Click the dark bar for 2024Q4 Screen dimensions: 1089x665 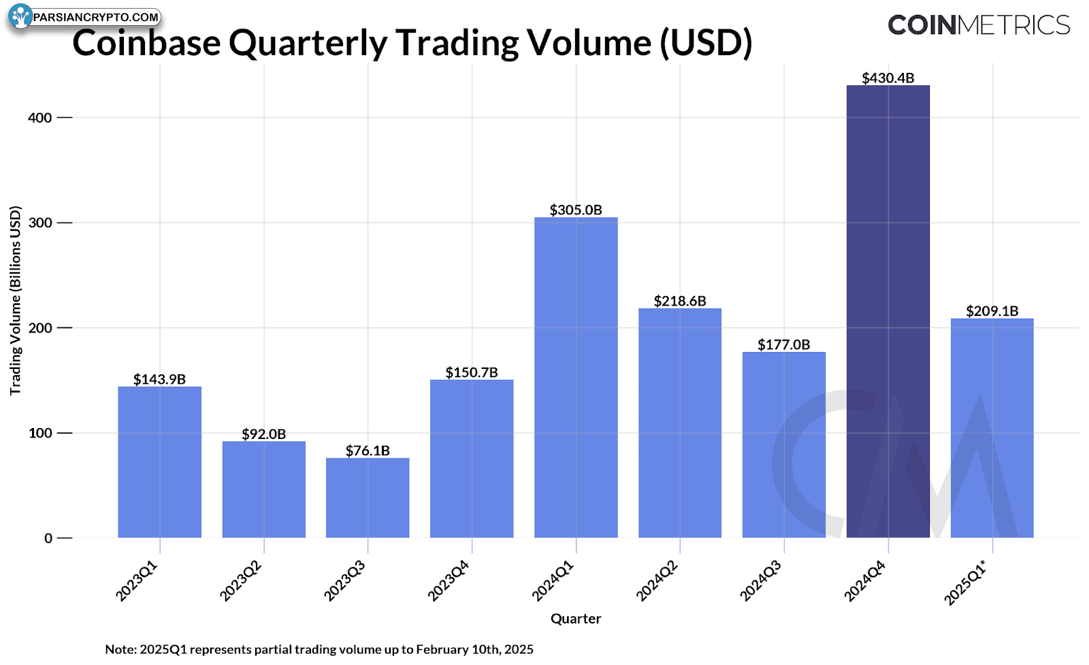tap(888, 311)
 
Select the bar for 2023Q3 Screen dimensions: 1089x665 tap(368, 498)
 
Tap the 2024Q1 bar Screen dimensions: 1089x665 tap(576, 377)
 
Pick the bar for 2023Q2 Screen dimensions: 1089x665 tap(264, 489)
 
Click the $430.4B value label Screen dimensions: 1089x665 tap(888, 78)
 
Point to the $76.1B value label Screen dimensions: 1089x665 tap(368, 451)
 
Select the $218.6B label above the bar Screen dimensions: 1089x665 tap(680, 301)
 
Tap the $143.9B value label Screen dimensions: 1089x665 tap(159, 379)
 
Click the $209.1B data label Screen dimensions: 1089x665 tap(992, 311)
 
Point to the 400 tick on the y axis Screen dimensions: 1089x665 tap(40, 118)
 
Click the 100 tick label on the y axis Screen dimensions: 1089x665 tap(40, 433)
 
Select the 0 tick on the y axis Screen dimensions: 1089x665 tap(48, 538)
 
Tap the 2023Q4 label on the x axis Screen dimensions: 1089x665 tap(449, 581)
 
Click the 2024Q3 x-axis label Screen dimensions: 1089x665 tap(761, 581)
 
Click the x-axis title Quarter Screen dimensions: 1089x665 tap(576, 619)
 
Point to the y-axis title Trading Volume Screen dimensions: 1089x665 tap(16, 300)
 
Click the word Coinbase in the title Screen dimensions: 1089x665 tap(146, 43)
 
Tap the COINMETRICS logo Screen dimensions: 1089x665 tap(979, 25)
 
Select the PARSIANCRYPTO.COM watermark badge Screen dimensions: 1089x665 tap(84, 18)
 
